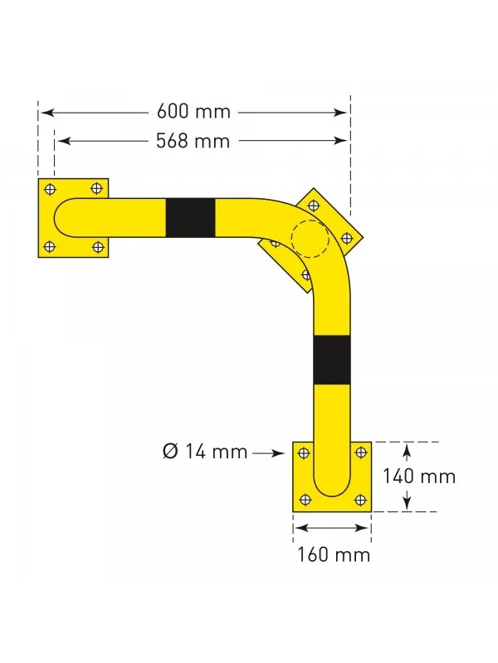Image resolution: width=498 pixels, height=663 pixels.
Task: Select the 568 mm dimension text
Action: [193, 142]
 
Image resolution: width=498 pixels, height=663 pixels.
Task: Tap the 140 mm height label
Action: [418, 477]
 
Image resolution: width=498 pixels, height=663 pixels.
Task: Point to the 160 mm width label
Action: [334, 554]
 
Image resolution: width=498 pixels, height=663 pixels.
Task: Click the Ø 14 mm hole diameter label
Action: [206, 452]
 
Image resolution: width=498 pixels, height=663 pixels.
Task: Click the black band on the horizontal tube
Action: [190, 217]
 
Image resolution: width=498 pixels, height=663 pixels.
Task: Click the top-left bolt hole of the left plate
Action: [50, 189]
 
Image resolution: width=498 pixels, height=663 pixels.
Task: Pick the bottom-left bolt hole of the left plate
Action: [50, 246]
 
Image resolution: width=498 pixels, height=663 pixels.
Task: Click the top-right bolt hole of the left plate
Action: [98, 189]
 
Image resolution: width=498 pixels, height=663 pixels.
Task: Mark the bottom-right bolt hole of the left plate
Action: [98, 246]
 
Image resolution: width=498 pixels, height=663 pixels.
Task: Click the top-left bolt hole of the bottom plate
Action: [304, 452]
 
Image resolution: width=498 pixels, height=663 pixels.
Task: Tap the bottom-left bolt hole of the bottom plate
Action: [304, 499]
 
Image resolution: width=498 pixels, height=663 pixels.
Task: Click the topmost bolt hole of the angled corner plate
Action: [313, 205]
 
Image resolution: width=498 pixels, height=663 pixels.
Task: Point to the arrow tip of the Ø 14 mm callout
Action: [286, 452]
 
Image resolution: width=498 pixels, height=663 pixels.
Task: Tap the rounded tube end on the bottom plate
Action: [332, 485]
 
